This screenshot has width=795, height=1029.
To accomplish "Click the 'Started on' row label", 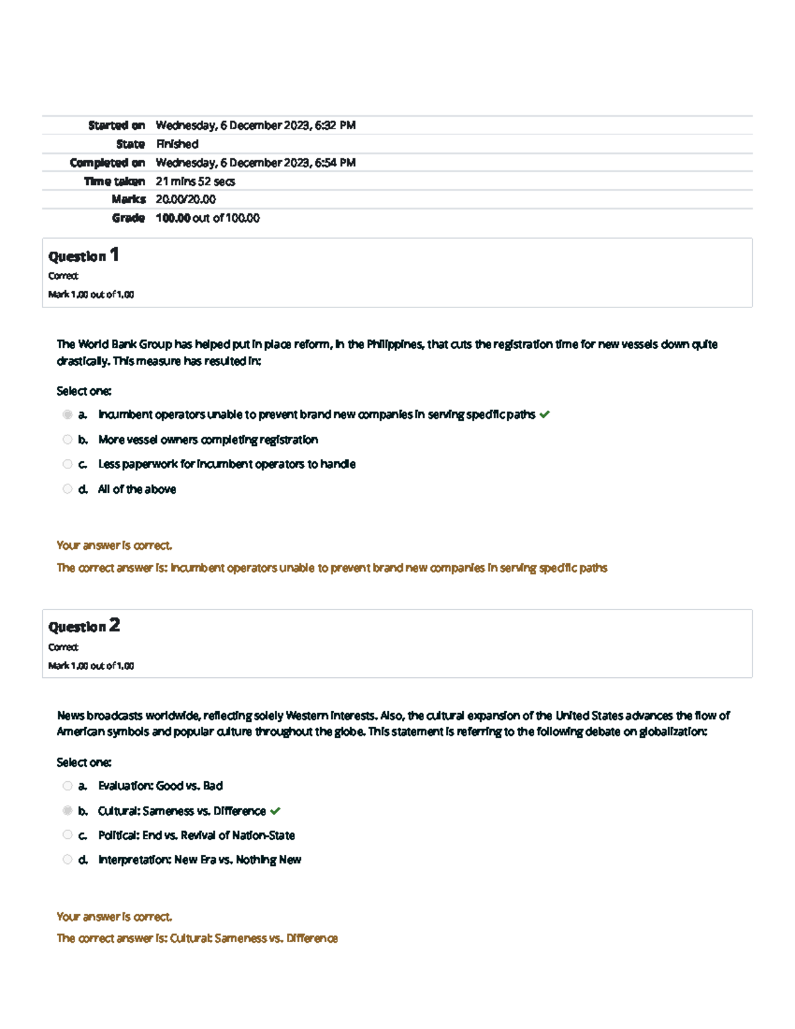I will [x=116, y=125].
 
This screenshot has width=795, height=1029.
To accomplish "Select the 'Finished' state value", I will [x=177, y=144].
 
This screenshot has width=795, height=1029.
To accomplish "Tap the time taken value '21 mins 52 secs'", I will [x=195, y=181].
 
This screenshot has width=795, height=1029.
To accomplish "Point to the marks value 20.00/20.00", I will [x=185, y=199].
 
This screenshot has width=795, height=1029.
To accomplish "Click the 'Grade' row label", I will [x=128, y=218].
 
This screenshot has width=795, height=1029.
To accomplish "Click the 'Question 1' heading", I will [x=83, y=256].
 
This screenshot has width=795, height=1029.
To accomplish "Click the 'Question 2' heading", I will [x=83, y=626].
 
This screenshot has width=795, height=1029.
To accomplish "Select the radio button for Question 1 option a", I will [x=68, y=415].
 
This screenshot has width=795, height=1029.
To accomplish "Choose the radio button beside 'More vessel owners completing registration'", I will [x=68, y=439].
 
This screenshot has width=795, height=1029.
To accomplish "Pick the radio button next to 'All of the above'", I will [x=68, y=489].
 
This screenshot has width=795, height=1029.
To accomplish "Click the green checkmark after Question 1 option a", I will [x=545, y=415].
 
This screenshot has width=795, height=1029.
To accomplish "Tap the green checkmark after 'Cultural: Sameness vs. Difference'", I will [x=276, y=811].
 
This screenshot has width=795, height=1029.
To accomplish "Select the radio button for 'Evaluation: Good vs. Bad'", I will [x=68, y=786].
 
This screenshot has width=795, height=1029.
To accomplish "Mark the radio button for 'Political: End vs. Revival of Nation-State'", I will [x=68, y=835].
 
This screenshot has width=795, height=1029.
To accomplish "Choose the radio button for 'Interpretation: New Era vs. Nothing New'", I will [x=68, y=859].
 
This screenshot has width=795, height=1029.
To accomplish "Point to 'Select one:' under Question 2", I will [x=83, y=762].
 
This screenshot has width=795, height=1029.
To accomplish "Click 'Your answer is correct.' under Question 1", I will [x=114, y=545].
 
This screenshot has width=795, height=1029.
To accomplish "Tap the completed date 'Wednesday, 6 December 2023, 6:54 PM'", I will [x=255, y=162].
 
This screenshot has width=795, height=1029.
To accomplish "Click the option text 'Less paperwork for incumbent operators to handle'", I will [x=227, y=464].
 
